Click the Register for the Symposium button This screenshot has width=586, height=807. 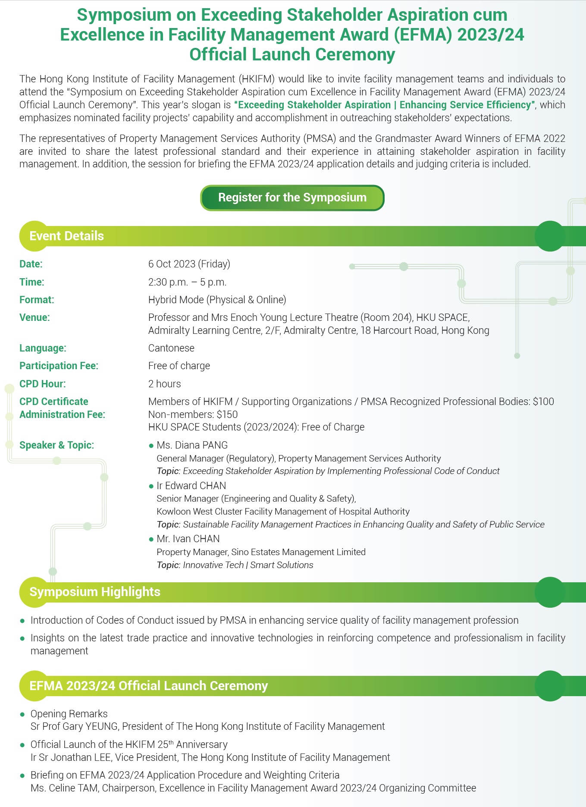292,198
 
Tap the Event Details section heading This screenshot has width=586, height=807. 66,236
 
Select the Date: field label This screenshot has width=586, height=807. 31,264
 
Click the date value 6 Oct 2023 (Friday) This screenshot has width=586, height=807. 189,264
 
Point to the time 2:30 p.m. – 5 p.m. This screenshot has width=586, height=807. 187,282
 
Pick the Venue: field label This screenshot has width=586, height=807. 34,317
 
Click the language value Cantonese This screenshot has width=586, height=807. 171,348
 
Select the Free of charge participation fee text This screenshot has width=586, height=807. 179,366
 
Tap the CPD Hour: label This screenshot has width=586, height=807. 43,384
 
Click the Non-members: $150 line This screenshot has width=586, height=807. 193,414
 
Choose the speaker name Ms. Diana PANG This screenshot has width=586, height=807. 192,445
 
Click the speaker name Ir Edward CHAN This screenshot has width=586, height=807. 191,486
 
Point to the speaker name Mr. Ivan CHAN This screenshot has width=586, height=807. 188,539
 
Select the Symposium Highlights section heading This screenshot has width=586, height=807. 95,592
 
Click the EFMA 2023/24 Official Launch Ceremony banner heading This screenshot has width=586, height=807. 149,686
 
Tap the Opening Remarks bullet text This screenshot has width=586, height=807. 69,714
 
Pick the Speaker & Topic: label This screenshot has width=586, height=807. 56,445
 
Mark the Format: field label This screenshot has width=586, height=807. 37,300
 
